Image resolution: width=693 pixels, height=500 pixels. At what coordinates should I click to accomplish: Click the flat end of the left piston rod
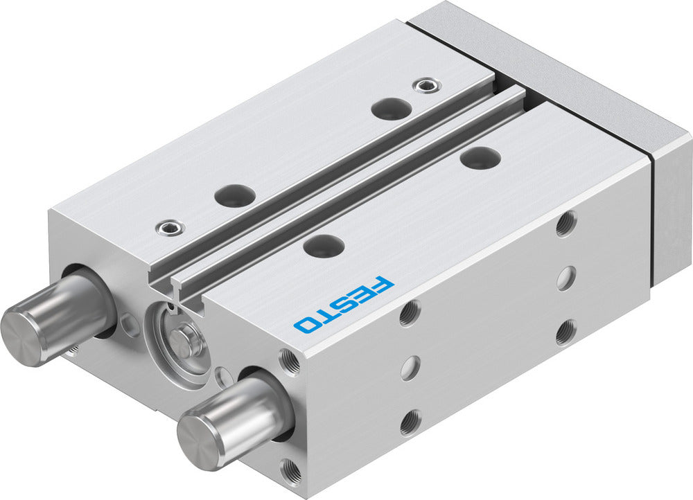[x=19, y=329]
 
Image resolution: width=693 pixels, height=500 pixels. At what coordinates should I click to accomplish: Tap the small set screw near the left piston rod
[x=168, y=226]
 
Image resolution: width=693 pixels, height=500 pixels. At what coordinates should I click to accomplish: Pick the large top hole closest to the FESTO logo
[x=324, y=244]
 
